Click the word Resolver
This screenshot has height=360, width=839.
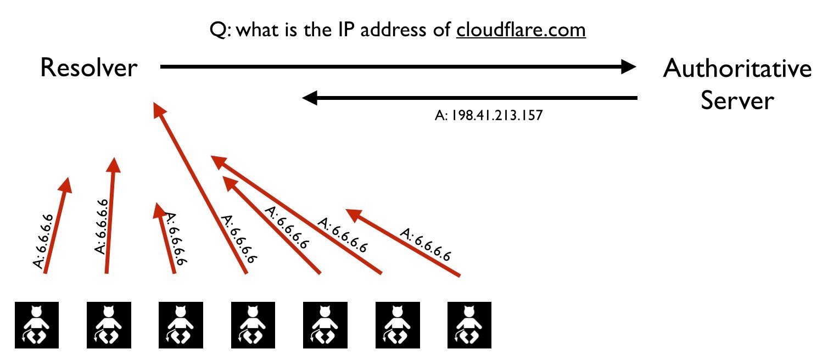(89, 67)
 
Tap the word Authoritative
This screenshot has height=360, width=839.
(737, 68)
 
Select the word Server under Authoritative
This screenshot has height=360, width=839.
(737, 100)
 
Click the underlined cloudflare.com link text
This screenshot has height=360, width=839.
(521, 30)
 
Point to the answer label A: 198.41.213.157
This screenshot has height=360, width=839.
(489, 115)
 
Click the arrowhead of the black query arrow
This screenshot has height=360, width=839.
(629, 66)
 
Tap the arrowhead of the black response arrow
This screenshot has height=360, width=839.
(310, 98)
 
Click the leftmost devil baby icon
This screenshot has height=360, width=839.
(37, 325)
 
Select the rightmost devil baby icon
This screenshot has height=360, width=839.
(469, 325)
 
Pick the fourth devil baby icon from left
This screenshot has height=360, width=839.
(253, 325)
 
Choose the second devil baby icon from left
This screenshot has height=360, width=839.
(109, 325)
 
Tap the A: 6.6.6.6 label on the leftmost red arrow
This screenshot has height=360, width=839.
(43, 241)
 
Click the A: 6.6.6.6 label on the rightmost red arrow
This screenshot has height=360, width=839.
(426, 244)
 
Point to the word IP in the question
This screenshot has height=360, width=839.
(346, 30)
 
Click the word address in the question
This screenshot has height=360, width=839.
(393, 30)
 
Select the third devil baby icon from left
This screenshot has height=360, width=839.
(181, 325)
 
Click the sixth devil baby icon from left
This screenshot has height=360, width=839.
(398, 325)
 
